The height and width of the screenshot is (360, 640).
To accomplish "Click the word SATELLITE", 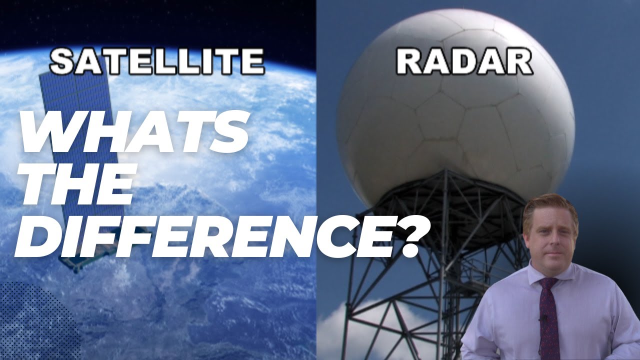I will click(x=156, y=62).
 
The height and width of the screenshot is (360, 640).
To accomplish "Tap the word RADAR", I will click(x=464, y=62).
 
